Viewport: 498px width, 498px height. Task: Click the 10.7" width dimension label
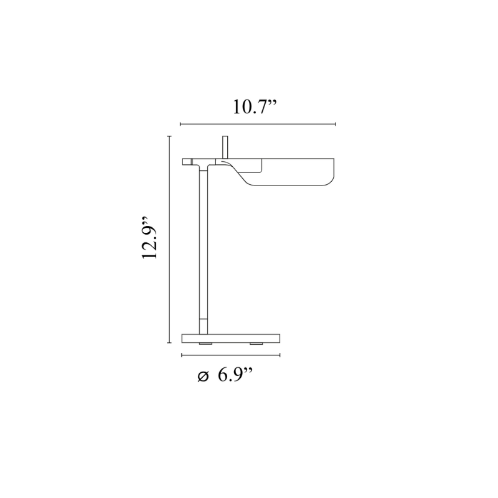tap(255, 107)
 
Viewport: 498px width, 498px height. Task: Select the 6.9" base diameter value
tap(234, 375)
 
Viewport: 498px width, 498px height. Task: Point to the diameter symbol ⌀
tap(202, 377)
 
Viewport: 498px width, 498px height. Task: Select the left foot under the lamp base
tap(205, 344)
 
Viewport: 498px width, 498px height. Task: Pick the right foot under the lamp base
tap(256, 344)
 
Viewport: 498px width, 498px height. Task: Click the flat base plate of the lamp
tap(230, 338)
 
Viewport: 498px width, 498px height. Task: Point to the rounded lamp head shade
tap(293, 177)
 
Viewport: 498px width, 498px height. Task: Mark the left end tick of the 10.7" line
tap(181, 125)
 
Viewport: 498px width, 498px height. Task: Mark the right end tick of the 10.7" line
tap(336, 125)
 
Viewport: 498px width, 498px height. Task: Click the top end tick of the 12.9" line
tap(169, 136)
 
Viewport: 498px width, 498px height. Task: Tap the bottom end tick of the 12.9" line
tap(169, 342)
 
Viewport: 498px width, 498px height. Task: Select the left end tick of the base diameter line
tap(181, 356)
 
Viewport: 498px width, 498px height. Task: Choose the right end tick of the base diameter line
tap(280, 356)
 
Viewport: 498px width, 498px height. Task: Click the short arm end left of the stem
tap(187, 162)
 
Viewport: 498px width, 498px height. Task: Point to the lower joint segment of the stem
tap(204, 325)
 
